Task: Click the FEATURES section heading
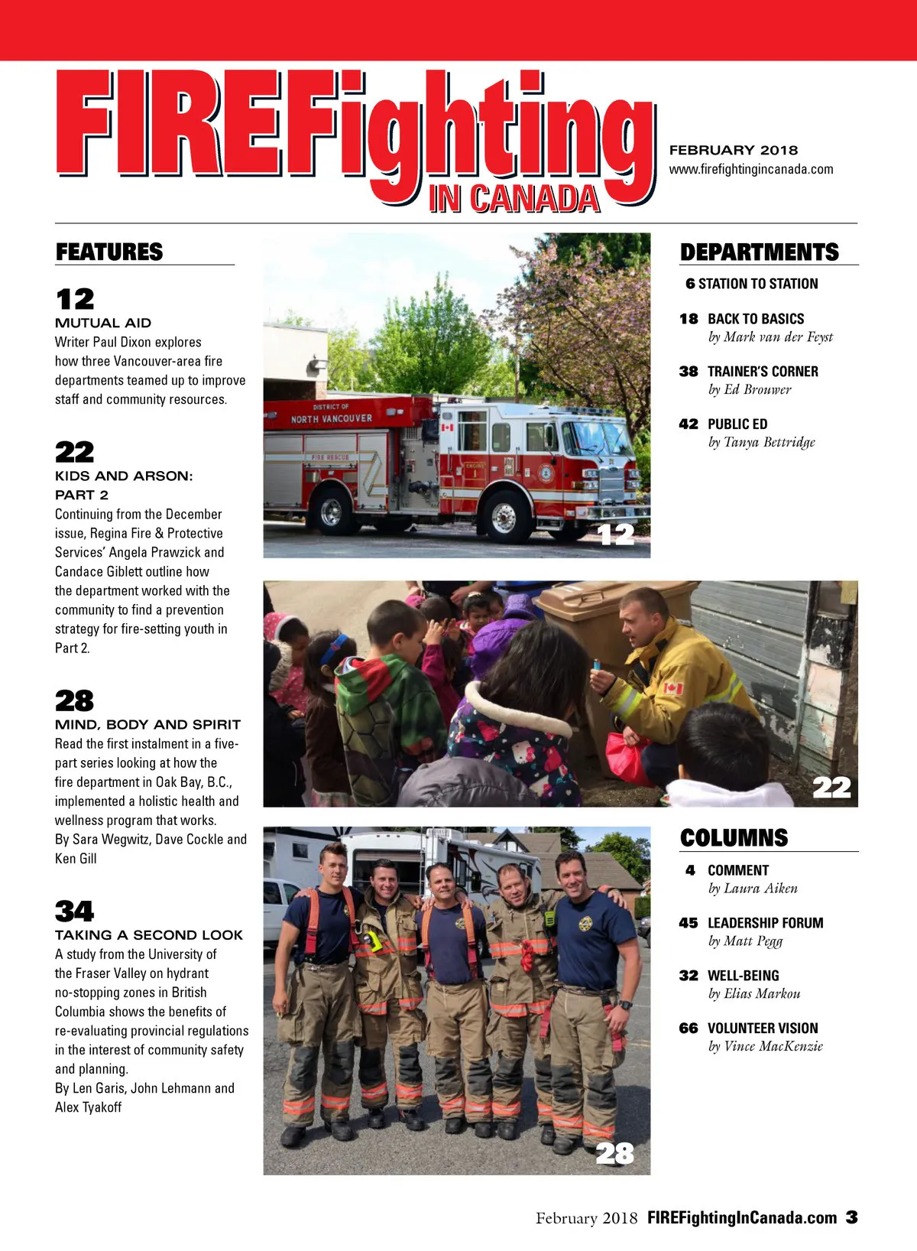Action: click(x=109, y=252)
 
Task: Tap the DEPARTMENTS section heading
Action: click(x=759, y=252)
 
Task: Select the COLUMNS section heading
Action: click(x=734, y=837)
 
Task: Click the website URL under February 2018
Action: click(x=750, y=169)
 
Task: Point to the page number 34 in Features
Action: click(x=74, y=911)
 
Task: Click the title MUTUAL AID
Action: click(x=103, y=323)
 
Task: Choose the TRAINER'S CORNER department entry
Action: click(x=762, y=372)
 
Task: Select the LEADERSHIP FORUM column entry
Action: click(x=765, y=923)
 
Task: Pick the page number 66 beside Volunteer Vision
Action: click(x=689, y=1028)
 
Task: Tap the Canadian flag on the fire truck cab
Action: click(x=447, y=426)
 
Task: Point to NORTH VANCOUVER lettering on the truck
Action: click(x=331, y=418)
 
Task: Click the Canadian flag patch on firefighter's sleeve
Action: click(x=672, y=688)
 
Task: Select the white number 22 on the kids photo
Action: click(x=831, y=787)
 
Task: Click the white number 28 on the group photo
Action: click(x=614, y=1152)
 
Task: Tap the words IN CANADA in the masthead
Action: click(x=514, y=199)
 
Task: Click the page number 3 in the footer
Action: click(x=851, y=1217)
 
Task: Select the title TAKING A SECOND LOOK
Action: click(x=149, y=934)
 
